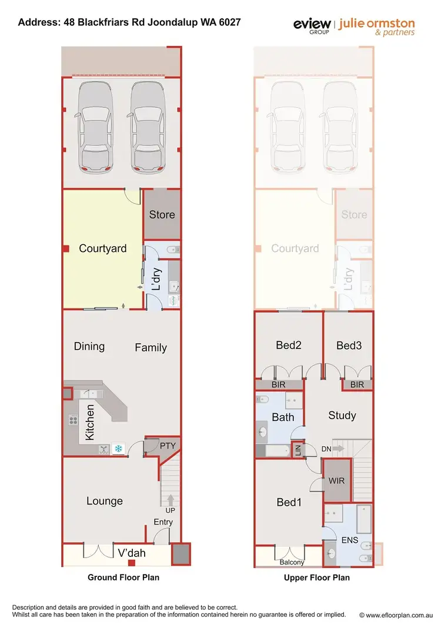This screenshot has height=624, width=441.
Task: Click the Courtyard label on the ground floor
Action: tap(103, 248)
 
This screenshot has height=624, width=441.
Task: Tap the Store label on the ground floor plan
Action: tap(162, 214)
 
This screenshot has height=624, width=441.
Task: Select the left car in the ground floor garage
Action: tap(96, 127)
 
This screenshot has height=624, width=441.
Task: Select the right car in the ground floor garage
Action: tap(147, 127)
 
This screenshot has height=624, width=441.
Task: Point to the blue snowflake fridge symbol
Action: tap(118, 449)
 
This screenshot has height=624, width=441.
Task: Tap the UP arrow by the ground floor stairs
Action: tap(171, 501)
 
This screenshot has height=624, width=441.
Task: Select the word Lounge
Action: tap(105, 501)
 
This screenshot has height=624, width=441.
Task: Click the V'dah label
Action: tap(132, 553)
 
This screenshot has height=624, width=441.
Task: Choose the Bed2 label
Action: tap(289, 346)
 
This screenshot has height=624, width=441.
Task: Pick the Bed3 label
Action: tap(349, 346)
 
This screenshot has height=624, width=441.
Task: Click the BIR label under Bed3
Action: tap(357, 385)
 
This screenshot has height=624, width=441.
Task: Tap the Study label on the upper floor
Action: tap(342, 416)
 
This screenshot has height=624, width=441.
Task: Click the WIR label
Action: tap(337, 480)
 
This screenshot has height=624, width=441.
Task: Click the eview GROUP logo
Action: tap(312, 26)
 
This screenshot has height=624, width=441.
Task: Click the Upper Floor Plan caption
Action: tap(316, 577)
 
